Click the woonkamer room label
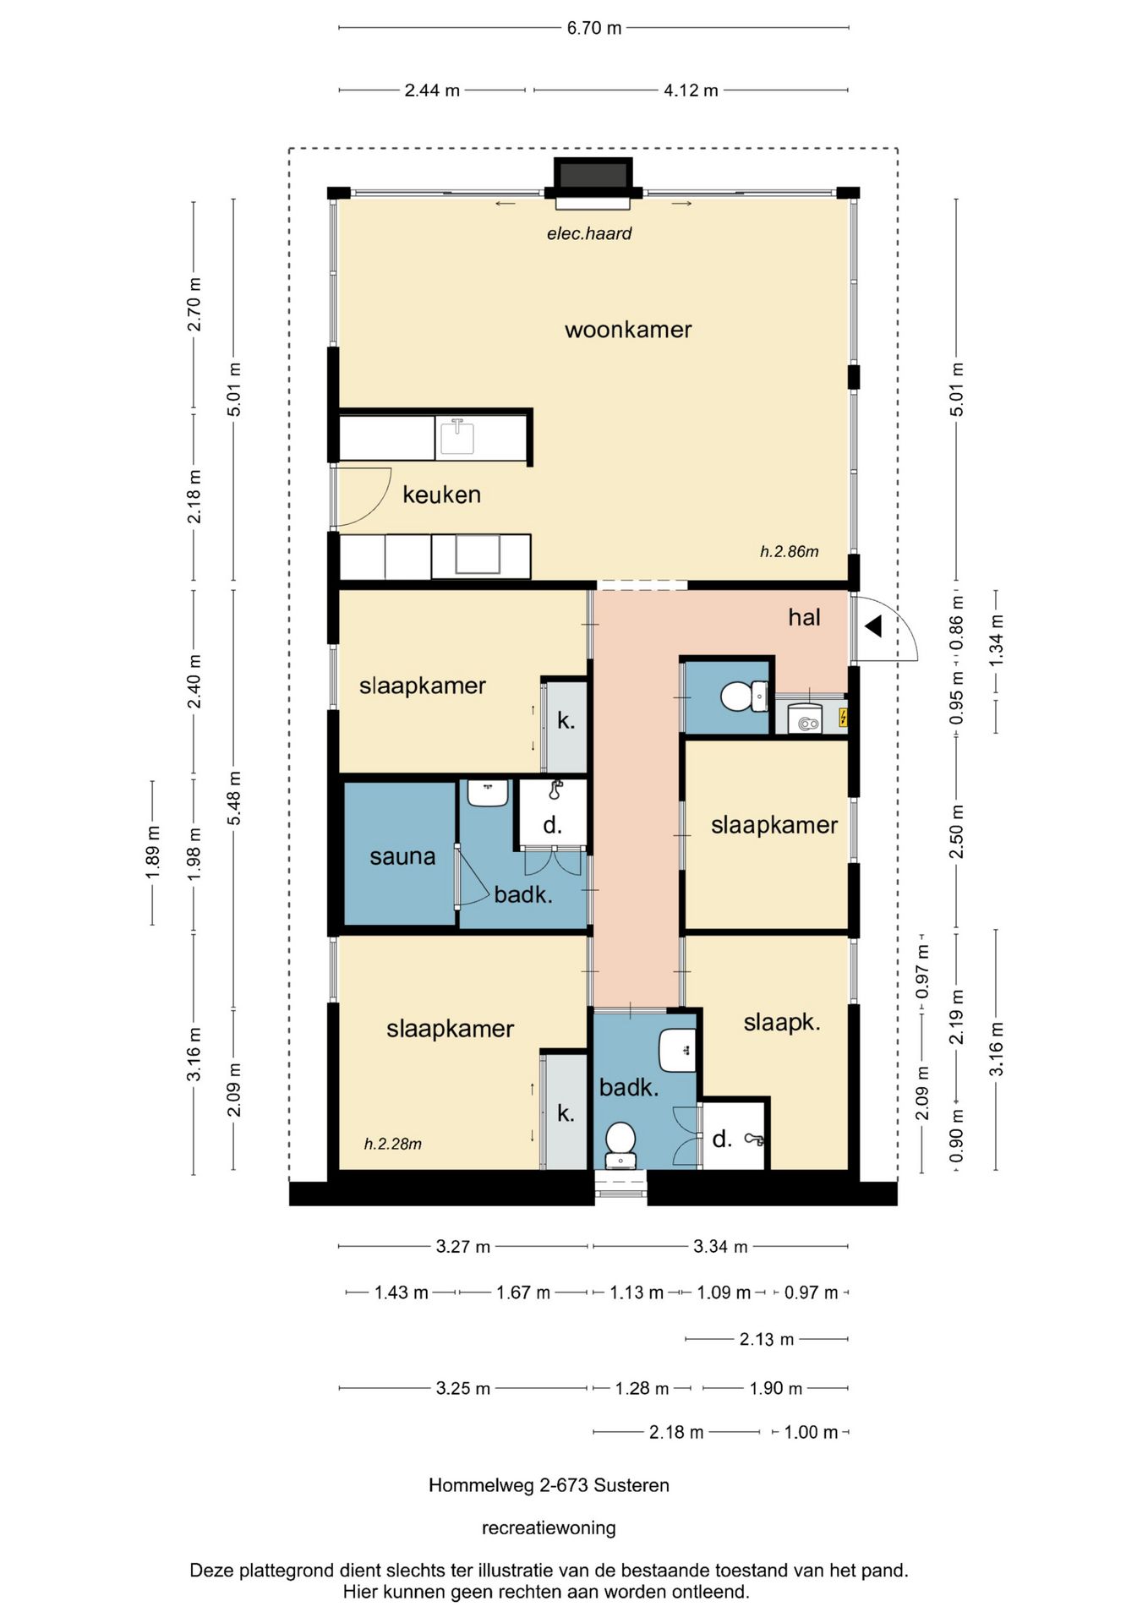(628, 330)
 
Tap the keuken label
(441, 495)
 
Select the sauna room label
(402, 856)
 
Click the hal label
(804, 617)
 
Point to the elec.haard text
(589, 233)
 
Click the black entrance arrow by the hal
(873, 626)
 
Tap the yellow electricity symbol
(843, 718)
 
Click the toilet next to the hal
(744, 697)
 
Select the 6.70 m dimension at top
(594, 28)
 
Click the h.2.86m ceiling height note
(789, 552)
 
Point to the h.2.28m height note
(392, 1144)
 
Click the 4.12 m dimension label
(691, 90)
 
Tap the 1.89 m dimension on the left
(153, 851)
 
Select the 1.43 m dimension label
(402, 1292)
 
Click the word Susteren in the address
(631, 1485)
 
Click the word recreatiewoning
(549, 1527)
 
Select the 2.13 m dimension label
(767, 1339)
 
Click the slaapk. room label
(782, 1023)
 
